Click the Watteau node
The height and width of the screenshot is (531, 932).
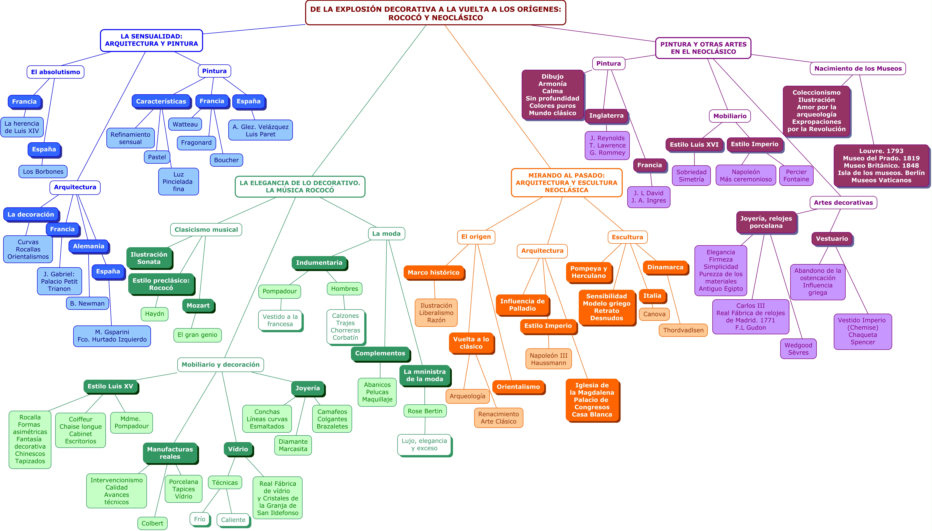pyautogui.click(x=185, y=124)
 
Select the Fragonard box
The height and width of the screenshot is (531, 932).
pyautogui.click(x=196, y=143)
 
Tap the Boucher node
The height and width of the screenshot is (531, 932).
pyautogui.click(x=226, y=160)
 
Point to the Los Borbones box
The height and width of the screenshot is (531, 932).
pyautogui.click(x=43, y=172)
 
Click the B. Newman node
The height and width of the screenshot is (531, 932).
pyautogui.click(x=87, y=303)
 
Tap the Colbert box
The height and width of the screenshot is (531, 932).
pyautogui.click(x=152, y=523)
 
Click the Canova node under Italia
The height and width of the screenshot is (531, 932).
pyautogui.click(x=654, y=314)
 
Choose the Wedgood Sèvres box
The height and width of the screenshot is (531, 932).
pyautogui.click(x=798, y=349)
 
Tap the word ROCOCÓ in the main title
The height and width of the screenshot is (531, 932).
pyautogui.click(x=404, y=18)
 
